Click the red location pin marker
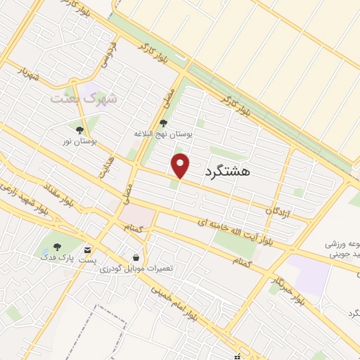point(181,165)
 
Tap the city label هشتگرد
point(229,171)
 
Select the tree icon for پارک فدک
point(57,247)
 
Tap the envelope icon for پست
point(87,250)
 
